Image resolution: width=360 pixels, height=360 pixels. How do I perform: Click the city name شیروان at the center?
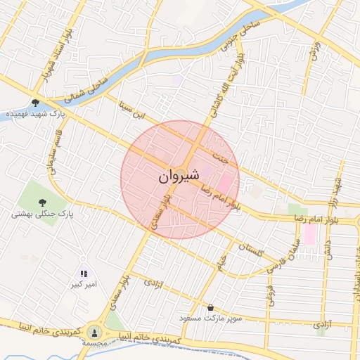180,174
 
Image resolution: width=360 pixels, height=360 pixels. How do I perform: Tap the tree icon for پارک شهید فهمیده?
36,102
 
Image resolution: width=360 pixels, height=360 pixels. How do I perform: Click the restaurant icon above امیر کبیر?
84,274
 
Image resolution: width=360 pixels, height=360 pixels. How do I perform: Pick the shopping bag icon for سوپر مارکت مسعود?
211,307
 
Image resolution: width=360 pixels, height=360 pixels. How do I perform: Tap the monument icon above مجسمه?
95,330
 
